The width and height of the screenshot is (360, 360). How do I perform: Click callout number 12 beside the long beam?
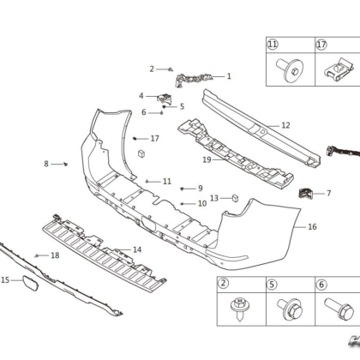(x=285, y=125)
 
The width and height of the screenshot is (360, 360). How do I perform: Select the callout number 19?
(x=207, y=159)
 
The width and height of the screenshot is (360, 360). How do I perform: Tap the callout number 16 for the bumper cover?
(x=312, y=227)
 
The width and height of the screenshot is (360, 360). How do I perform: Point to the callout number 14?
(x=137, y=249)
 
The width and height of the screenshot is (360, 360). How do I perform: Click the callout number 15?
(x=5, y=280)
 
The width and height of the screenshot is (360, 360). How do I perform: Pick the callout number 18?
(x=55, y=255)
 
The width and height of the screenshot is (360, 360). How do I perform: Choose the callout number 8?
(x=46, y=164)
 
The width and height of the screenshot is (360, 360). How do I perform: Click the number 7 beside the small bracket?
(x=329, y=194)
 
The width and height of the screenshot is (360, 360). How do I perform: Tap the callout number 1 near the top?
(x=229, y=76)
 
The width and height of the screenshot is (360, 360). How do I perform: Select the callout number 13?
(x=214, y=198)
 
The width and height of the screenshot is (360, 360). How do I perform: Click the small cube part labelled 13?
(x=235, y=198)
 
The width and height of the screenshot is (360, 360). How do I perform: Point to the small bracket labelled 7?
(x=305, y=193)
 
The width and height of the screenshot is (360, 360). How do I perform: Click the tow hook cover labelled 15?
(x=30, y=283)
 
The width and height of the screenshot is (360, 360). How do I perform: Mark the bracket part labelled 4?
(x=165, y=99)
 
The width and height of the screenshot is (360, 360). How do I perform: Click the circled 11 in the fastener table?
(x=273, y=45)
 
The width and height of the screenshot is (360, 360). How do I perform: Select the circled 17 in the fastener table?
(x=321, y=45)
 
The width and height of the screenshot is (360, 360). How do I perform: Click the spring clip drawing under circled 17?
(x=339, y=70)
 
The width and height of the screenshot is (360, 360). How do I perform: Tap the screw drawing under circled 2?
(x=239, y=309)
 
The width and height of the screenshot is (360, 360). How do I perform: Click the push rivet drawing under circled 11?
(x=289, y=69)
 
